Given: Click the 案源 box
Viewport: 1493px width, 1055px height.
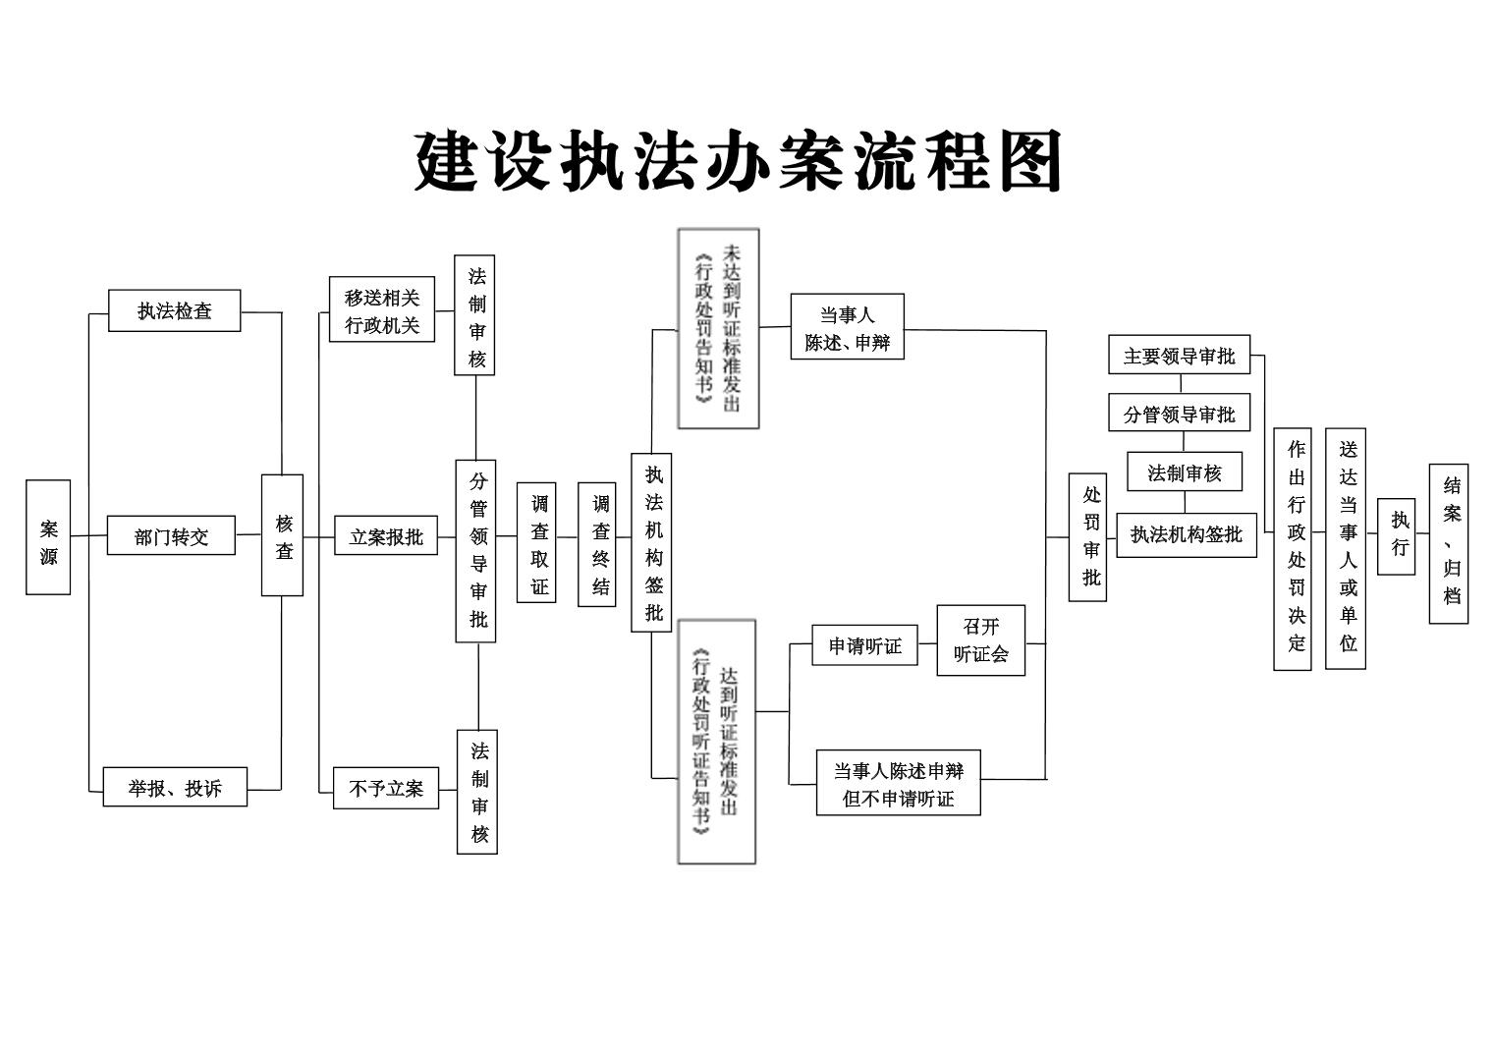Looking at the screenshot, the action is click(x=48, y=536).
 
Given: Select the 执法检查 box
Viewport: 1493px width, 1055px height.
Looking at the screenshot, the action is click(x=175, y=310).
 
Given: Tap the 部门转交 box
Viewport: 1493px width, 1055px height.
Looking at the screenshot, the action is click(x=171, y=535).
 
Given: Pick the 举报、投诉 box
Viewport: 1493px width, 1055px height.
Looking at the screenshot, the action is click(x=175, y=787).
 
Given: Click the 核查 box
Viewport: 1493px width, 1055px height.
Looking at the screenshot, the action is click(x=283, y=535).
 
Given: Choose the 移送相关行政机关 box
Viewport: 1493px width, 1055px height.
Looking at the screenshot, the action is click(x=382, y=309).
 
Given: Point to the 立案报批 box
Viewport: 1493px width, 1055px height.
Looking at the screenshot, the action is click(x=386, y=535).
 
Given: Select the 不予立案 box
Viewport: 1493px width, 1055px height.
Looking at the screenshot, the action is click(x=386, y=789).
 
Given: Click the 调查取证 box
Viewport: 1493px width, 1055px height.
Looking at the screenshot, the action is click(x=536, y=543).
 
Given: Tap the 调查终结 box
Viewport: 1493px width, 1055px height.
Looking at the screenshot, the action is click(x=597, y=544).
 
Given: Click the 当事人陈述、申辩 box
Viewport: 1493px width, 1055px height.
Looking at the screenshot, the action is click(x=848, y=326).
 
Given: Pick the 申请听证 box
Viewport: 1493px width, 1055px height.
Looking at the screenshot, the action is click(x=865, y=645).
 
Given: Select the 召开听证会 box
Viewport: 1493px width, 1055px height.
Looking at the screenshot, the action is click(x=981, y=640).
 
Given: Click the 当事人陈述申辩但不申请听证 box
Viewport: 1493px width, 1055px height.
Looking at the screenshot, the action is click(x=899, y=783).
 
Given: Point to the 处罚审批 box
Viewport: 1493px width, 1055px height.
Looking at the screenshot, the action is click(x=1087, y=538).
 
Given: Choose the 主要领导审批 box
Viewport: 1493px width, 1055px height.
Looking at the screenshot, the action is click(x=1180, y=355).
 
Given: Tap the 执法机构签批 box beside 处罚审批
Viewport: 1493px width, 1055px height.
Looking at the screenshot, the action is click(x=1188, y=535).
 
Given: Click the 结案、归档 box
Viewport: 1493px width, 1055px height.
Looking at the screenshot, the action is click(x=1449, y=544).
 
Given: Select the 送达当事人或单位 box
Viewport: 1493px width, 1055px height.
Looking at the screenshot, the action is click(x=1346, y=548).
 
